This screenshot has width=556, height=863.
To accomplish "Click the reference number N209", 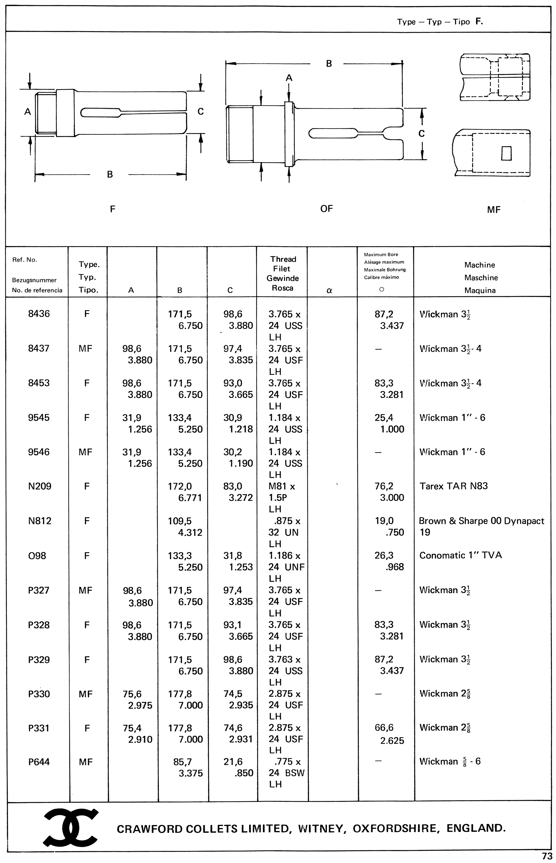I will (x=39, y=486).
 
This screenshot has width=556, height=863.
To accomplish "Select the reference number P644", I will (x=39, y=762).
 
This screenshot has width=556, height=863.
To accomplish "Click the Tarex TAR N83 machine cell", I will (x=454, y=486).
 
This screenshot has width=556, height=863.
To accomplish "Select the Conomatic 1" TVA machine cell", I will (x=460, y=555).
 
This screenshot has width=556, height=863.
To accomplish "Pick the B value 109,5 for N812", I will (x=180, y=521).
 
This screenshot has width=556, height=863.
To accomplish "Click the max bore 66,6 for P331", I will (x=384, y=728).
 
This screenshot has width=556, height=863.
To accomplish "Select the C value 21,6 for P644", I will (x=233, y=762).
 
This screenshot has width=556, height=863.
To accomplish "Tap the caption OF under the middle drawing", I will (x=326, y=209).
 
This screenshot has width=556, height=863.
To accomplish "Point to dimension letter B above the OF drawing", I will (x=328, y=64).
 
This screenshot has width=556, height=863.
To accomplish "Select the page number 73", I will (x=547, y=856).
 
